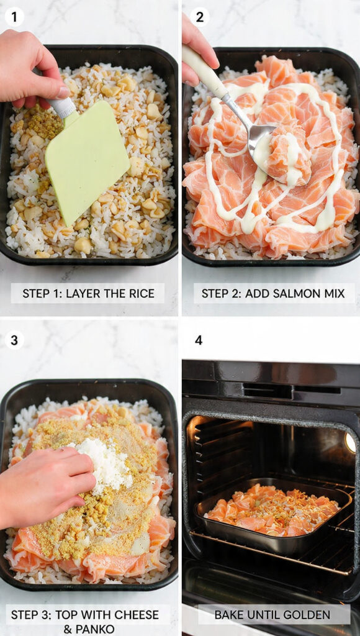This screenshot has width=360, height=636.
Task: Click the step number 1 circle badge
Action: pyautogui.click(x=14, y=17)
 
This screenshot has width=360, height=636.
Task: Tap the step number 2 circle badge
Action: pyautogui.click(x=200, y=17)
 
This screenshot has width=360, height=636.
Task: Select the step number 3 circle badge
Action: pyautogui.click(x=14, y=340)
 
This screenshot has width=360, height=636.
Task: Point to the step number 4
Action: pyautogui.click(x=199, y=340)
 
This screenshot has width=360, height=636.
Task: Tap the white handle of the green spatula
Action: pyautogui.click(x=63, y=107)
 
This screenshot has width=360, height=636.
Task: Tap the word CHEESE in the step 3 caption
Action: pyautogui.click(x=134, y=615)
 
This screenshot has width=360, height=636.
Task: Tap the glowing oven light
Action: pyautogui.click(x=351, y=442)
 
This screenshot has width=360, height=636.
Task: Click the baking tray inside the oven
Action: pyautogui.click(x=273, y=512)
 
